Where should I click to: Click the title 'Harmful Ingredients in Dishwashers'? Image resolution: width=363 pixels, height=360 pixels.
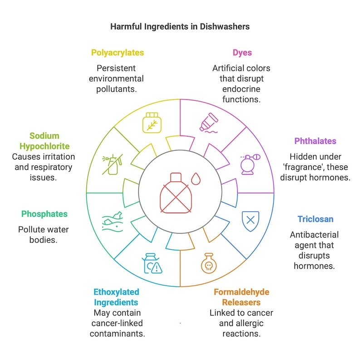180,26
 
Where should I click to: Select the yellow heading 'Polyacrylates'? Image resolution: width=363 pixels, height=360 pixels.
118,53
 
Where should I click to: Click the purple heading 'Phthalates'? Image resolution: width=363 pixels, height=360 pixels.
315,141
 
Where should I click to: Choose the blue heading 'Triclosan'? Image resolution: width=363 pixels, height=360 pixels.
315,219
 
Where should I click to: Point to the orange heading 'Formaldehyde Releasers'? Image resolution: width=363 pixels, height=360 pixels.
241,297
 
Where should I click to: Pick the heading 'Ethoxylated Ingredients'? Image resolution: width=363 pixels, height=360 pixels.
117,297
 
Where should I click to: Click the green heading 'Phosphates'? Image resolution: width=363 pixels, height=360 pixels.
44,214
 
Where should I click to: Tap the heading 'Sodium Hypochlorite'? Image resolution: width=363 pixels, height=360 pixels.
44,141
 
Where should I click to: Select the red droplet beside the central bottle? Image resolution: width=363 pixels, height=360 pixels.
196,179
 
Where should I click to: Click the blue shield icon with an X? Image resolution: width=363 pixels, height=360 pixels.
250,221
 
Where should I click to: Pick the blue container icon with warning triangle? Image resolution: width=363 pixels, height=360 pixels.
152,263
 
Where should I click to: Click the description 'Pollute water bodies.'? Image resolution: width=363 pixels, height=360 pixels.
44,234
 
